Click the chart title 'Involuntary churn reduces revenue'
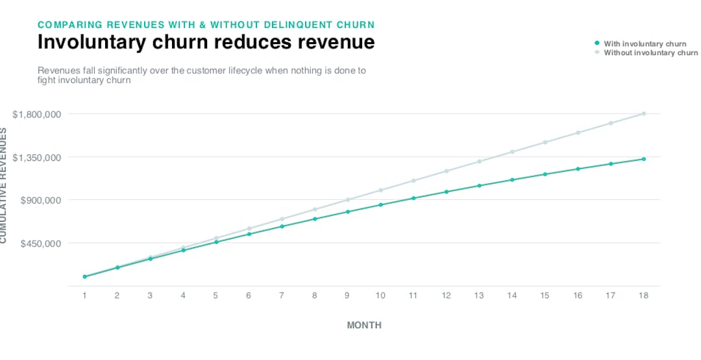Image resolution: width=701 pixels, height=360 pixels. pyautogui.click(x=206, y=42)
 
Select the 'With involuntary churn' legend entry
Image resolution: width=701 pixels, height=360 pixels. pyautogui.click(x=645, y=44)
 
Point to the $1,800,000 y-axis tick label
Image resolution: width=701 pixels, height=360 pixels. pyautogui.click(x=37, y=114)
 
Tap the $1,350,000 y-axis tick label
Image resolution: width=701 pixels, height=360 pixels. pyautogui.click(x=37, y=157)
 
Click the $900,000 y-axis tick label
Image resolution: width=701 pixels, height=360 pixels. pyautogui.click(x=41, y=200)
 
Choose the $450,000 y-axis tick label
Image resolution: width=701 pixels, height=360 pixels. pyautogui.click(x=41, y=243)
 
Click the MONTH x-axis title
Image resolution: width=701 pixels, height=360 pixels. pyautogui.click(x=364, y=325)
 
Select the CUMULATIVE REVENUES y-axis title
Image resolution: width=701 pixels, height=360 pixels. pyautogui.click(x=3, y=185)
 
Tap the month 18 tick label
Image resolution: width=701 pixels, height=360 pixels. pyautogui.click(x=643, y=295)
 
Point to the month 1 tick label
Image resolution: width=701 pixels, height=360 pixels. pyautogui.click(x=84, y=295)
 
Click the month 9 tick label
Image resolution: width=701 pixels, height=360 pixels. pyautogui.click(x=347, y=295)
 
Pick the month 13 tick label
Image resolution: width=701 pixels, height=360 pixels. pyautogui.click(x=479, y=295)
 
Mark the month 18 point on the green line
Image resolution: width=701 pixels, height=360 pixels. pyautogui.click(x=643, y=159)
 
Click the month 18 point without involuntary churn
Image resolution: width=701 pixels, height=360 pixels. pyautogui.click(x=643, y=114)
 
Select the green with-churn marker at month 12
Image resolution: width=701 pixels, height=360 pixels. pyautogui.click(x=446, y=192)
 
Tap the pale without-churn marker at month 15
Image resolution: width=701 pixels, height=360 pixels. pyautogui.click(x=545, y=142)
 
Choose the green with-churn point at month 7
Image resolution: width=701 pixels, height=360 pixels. pyautogui.click(x=282, y=226)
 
